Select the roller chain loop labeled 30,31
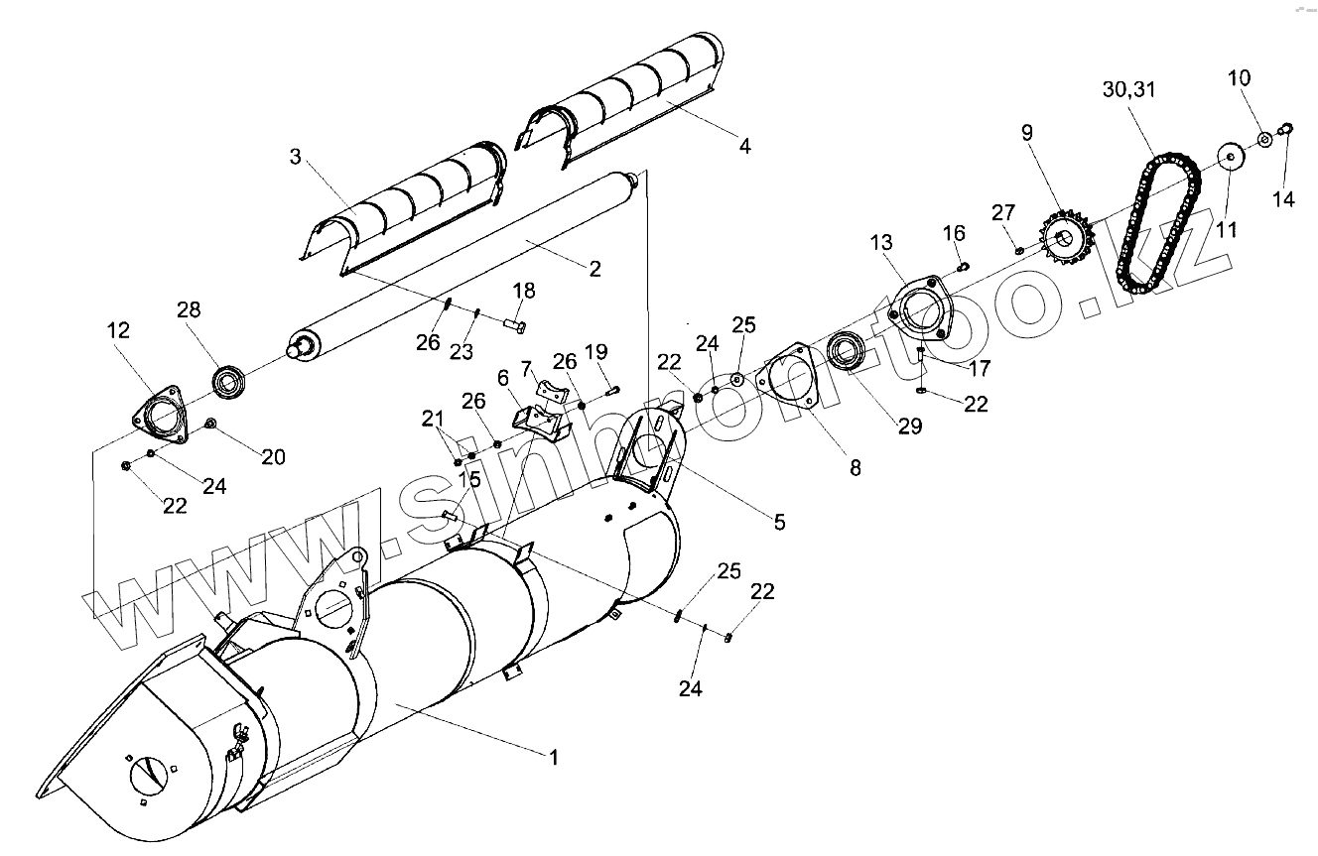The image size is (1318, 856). click(1159, 223)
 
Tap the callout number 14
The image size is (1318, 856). click(1283, 199)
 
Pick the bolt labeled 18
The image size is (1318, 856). click(514, 323)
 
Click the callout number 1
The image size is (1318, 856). click(554, 757)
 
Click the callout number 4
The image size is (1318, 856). click(745, 146)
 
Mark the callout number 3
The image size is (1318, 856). click(295, 156)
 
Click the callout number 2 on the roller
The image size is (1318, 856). click(594, 268)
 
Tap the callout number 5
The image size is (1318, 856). click(779, 521)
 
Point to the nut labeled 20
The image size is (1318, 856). click(212, 425)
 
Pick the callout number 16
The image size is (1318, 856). click(953, 233)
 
